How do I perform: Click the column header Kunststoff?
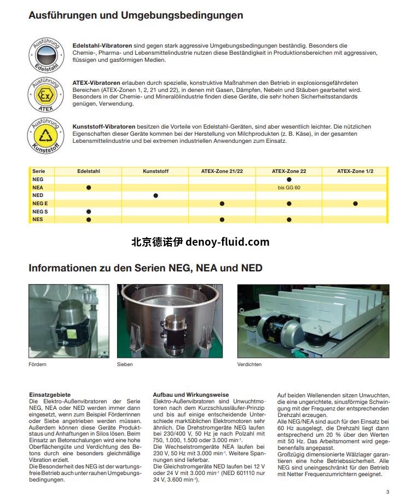[155, 171]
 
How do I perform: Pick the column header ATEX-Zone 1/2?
[355, 171]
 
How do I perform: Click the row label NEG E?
[40, 203]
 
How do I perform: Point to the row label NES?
[37, 219]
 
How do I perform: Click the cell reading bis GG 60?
[289, 187]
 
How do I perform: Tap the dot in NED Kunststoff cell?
[155, 195]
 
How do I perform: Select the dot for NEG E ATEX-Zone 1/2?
[355, 204]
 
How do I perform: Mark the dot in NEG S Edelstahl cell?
[89, 211]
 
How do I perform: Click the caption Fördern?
[37, 364]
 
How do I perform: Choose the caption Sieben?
[125, 364]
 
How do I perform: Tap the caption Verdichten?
[249, 364]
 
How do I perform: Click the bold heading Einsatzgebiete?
[49, 395]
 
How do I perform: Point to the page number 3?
[387, 491]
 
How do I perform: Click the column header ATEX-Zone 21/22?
[222, 171]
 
